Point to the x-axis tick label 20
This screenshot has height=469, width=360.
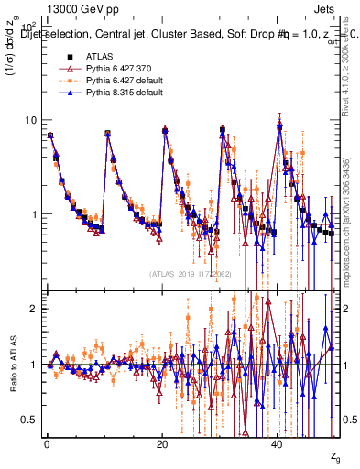click(x=162, y=443)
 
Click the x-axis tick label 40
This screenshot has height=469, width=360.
click(x=278, y=443)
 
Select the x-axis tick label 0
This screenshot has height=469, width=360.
click(x=47, y=443)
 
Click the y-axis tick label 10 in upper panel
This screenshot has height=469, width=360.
click(x=29, y=120)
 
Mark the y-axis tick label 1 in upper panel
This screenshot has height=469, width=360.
click(x=32, y=214)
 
